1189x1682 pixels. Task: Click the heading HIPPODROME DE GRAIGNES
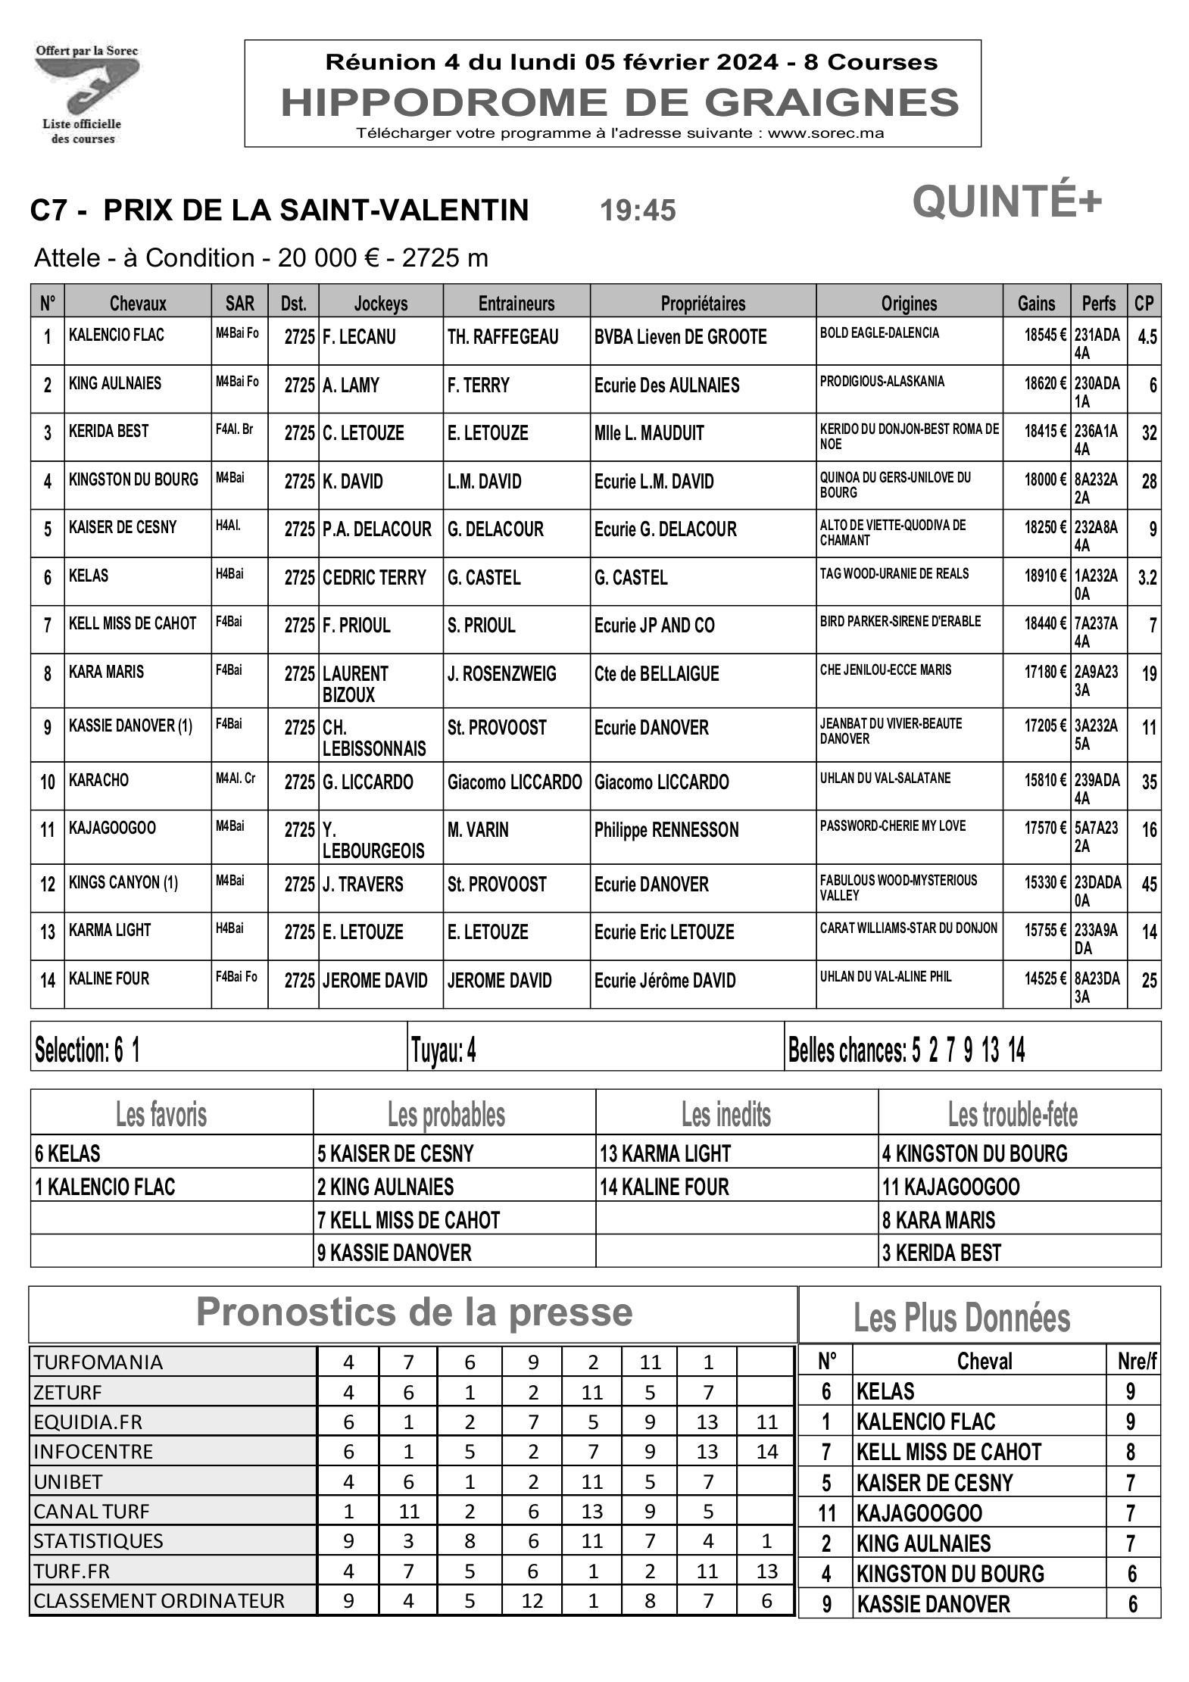pos(619,102)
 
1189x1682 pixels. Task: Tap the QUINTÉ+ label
pos(1006,202)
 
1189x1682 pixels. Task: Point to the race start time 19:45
pos(638,211)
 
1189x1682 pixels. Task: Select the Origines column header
pos(909,304)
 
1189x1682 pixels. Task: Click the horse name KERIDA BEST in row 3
pos(109,432)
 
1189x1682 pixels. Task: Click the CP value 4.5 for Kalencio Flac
pos(1147,337)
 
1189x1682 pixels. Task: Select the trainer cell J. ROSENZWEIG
pos(501,674)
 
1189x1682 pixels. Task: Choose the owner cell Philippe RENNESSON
pos(666,830)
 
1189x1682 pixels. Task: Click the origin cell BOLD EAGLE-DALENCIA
pos(879,333)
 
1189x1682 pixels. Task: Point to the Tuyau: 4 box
pos(444,1050)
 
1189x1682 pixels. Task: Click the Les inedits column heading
pos(726,1115)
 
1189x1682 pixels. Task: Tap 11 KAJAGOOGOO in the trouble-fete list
pos(950,1187)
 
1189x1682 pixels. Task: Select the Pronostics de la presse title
pos(413,1312)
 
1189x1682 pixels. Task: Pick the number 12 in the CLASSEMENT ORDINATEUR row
pos(532,1600)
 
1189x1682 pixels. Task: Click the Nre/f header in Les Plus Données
pos(1137,1361)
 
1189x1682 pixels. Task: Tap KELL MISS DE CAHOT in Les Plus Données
pos(949,1452)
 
